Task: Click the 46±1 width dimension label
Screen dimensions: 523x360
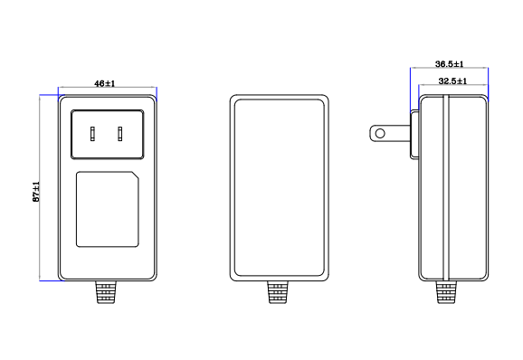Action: (x=104, y=83)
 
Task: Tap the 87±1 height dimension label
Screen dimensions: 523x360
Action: (x=36, y=192)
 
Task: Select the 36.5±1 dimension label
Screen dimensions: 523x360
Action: (x=450, y=63)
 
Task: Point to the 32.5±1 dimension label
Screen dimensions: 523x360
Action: (x=452, y=81)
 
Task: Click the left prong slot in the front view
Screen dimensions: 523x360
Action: (x=92, y=134)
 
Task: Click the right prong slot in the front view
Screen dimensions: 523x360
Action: (x=119, y=134)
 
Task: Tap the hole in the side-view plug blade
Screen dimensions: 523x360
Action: (x=380, y=134)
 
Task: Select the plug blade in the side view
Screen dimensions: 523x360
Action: (x=390, y=134)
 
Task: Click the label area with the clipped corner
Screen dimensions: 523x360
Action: (x=108, y=209)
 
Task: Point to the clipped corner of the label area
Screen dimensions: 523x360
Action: (x=136, y=175)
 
